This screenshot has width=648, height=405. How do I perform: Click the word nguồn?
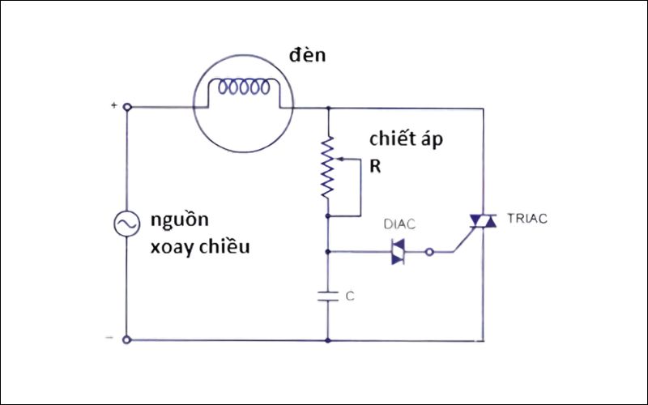coord(179,220)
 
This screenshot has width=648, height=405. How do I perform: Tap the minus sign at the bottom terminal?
coord(111,339)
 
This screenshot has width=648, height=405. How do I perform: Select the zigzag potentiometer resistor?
coord(328,168)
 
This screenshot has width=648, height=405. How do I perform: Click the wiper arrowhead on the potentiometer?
coord(335,160)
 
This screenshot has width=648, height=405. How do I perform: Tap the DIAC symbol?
coord(398,251)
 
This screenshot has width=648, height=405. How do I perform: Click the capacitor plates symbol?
coord(328,296)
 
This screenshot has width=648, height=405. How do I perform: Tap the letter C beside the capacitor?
coord(350,296)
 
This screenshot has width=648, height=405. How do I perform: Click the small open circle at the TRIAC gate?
coord(430,251)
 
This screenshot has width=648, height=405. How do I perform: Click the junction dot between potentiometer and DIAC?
coord(328,251)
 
